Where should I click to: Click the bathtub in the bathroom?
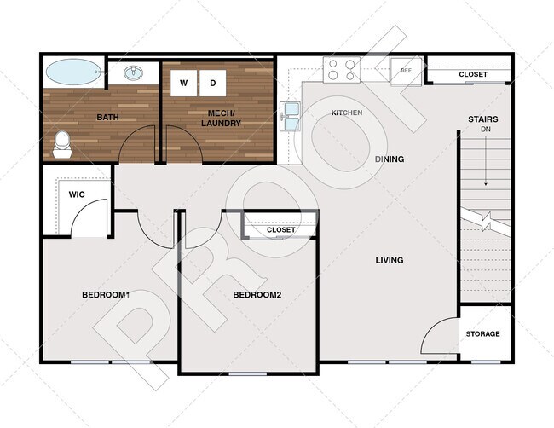tap(72, 72)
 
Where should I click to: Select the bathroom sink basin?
tap(135, 72)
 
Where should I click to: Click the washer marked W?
tap(183, 83)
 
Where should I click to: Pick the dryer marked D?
tap(212, 83)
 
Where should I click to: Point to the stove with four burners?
tap(343, 68)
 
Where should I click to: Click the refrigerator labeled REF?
tap(407, 71)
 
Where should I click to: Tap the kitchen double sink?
tap(290, 118)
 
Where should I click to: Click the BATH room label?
tap(107, 118)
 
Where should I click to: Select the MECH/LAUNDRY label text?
tap(221, 118)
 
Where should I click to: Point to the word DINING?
tap(390, 159)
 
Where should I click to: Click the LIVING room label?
tap(390, 260)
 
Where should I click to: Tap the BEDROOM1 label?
tap(105, 295)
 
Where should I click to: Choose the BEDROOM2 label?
tap(257, 295)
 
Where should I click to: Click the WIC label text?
tap(76, 194)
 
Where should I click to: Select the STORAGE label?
tap(483, 333)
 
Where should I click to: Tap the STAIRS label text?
tap(483, 119)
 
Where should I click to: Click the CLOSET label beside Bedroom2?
tap(280, 230)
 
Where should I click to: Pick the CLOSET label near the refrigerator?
tap(473, 74)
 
